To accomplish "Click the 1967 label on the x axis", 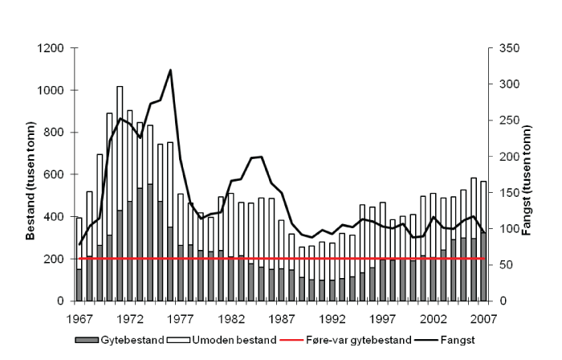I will pyautogui.click(x=79, y=318).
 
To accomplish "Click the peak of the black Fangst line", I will pyautogui.click(x=171, y=70).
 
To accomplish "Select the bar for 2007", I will pyautogui.click(x=483, y=241).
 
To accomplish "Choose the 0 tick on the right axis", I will pyautogui.click(x=499, y=301).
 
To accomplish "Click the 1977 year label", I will pyautogui.click(x=181, y=318).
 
